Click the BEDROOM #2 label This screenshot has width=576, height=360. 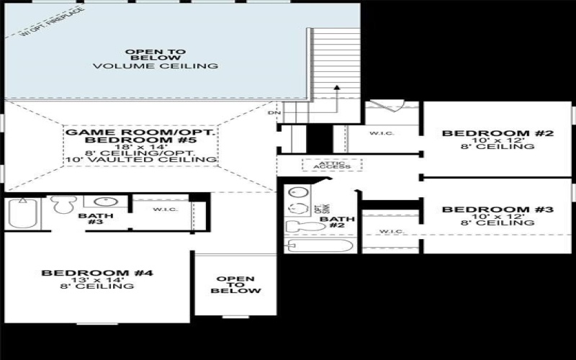coord(498,133)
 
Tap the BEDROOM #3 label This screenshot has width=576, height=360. coord(498,210)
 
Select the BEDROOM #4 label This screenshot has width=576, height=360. coord(97,273)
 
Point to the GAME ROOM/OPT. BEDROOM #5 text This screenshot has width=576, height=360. coord(141,138)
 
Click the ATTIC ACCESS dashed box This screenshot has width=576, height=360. coord(332,164)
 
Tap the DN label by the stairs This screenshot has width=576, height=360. coord(274,113)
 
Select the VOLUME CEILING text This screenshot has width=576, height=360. coord(155,66)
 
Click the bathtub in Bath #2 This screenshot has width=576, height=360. coord(320,246)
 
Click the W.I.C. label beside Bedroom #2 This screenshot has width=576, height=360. coord(381,134)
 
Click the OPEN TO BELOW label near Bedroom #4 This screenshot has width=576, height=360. coord(235,284)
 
